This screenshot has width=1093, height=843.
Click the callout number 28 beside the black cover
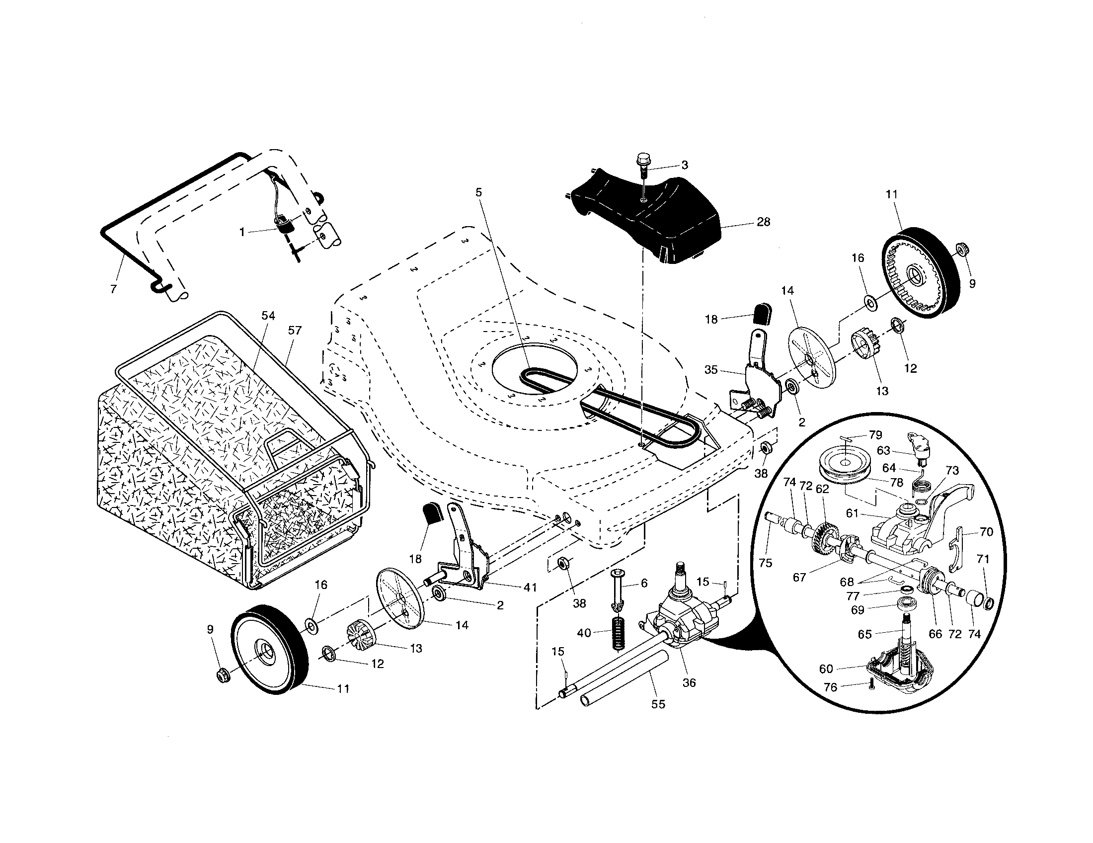tap(763, 222)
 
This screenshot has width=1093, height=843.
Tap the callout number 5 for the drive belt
tap(479, 192)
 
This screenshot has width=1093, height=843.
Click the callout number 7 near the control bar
tap(114, 289)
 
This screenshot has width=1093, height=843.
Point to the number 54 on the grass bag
tap(268, 315)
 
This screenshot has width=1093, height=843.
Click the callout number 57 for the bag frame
tap(295, 330)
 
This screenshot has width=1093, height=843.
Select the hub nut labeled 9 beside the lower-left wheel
tap(221, 676)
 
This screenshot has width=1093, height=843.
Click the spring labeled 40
tap(619, 633)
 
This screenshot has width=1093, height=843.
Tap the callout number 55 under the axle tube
tap(658, 704)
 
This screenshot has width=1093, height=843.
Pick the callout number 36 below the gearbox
tap(689, 682)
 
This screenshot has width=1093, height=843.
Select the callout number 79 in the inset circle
tap(875, 435)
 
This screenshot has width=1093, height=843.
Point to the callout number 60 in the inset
tap(826, 669)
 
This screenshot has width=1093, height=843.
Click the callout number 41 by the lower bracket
tap(531, 587)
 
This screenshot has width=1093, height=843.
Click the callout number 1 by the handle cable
tap(243, 232)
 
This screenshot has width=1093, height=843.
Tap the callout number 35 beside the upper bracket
tap(711, 370)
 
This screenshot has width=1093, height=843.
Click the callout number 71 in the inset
tap(983, 559)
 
